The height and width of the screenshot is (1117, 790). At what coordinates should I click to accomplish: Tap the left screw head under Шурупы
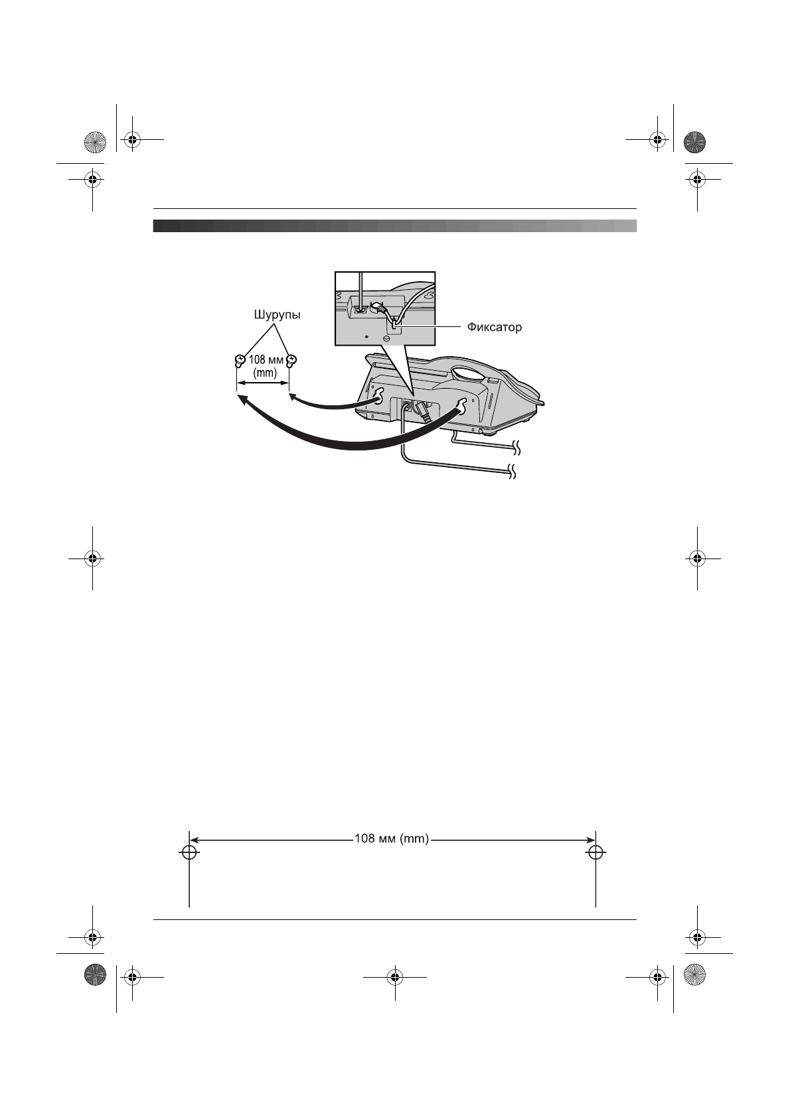click(x=239, y=361)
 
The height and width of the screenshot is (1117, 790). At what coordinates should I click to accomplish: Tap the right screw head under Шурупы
click(x=291, y=360)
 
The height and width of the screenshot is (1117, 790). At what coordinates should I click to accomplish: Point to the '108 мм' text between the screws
click(x=266, y=360)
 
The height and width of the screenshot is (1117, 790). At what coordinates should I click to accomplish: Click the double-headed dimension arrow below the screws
click(x=263, y=383)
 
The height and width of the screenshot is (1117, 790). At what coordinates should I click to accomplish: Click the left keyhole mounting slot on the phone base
click(x=378, y=395)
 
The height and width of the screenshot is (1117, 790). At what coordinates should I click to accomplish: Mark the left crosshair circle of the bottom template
click(x=189, y=852)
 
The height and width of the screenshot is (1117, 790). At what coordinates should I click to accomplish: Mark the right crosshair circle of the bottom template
click(x=595, y=852)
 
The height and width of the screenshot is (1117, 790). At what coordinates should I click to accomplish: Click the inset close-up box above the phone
click(x=384, y=308)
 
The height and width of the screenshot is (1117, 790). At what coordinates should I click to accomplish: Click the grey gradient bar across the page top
click(x=394, y=226)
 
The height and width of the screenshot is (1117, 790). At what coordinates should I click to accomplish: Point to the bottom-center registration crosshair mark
click(x=395, y=977)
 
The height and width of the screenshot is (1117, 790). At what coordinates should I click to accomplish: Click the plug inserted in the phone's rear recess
click(x=422, y=412)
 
